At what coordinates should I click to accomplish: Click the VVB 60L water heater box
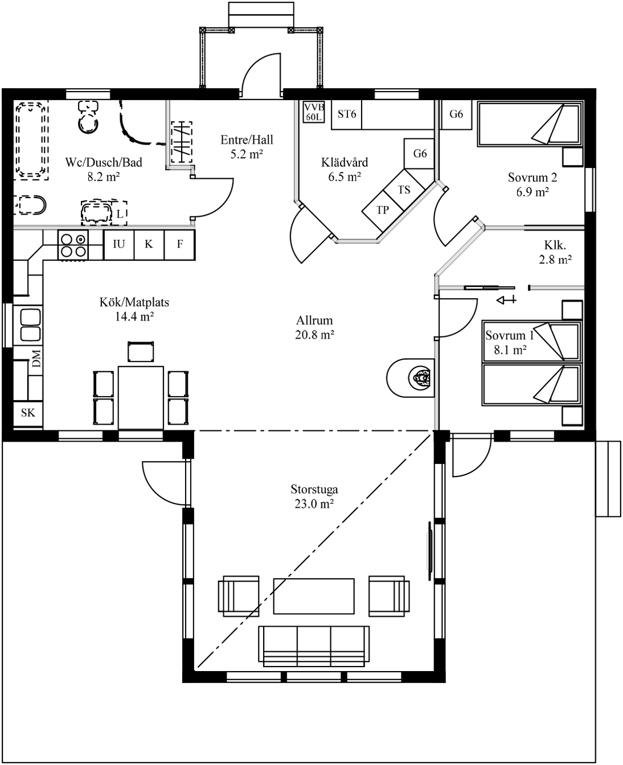click(314, 112)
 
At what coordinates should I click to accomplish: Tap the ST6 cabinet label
click(347, 114)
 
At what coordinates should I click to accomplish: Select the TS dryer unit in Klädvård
click(404, 190)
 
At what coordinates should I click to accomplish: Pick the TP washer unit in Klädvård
click(383, 210)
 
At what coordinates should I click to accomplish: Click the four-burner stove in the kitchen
click(73, 245)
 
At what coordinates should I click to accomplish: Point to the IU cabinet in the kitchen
click(118, 245)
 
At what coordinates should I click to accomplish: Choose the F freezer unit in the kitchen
click(179, 245)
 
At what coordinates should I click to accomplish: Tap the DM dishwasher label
click(36, 359)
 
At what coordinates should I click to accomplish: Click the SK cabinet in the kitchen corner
click(28, 413)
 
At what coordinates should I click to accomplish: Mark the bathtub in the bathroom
click(31, 140)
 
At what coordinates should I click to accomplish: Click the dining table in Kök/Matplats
click(141, 398)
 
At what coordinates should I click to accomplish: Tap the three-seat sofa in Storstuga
click(314, 646)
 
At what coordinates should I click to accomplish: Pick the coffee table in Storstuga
click(314, 596)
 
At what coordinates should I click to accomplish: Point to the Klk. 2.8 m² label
click(555, 252)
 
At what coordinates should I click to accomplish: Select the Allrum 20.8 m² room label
click(314, 327)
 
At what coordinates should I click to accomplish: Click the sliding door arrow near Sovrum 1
click(506, 299)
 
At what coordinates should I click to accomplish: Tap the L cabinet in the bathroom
click(120, 213)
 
